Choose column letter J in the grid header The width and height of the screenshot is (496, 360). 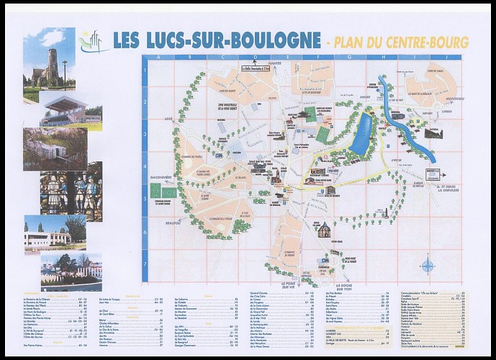(446, 58)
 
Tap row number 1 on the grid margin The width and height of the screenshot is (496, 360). (145, 71)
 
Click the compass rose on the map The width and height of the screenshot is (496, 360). (428, 266)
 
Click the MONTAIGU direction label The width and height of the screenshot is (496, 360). (454, 99)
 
